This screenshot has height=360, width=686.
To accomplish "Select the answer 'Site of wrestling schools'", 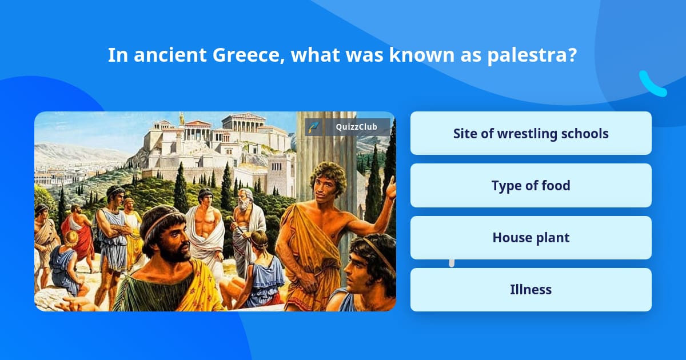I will point(531,133).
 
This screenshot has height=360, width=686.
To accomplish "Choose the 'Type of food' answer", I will point(531,185).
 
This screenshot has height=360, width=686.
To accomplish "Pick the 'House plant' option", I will point(531,238).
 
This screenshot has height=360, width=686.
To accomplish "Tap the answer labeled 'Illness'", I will point(531,290).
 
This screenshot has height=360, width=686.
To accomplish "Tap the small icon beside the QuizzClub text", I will point(313,127).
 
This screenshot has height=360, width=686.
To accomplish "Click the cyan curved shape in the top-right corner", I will point(652,84).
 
